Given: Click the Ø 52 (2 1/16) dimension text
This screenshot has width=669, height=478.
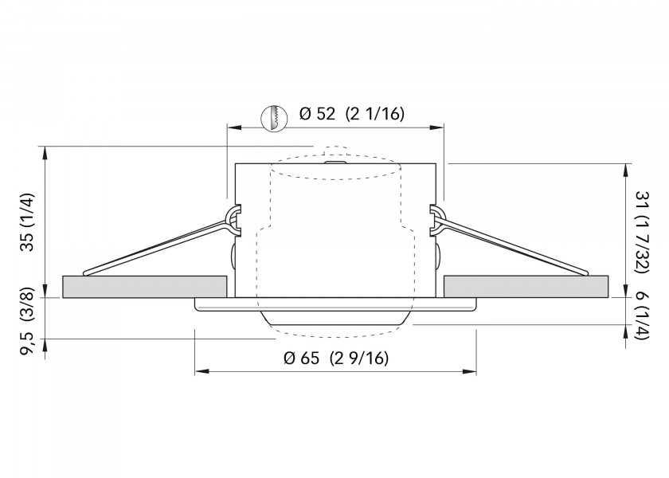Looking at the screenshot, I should point(351,114).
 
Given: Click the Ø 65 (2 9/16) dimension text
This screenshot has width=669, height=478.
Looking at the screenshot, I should point(335,358).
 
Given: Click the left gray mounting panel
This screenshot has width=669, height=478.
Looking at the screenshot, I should point(143,286).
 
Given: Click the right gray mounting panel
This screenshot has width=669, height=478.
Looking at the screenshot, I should point(526,286).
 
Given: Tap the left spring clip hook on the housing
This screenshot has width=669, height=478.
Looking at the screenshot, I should point(233,219).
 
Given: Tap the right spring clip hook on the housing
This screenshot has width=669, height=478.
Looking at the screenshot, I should point(436,219).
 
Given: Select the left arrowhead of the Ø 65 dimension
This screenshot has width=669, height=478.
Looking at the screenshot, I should point(199,371).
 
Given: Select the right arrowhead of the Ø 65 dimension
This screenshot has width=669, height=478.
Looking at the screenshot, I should point(471,371).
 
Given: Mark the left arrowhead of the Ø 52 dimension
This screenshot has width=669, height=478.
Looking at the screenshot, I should point(232,126).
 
